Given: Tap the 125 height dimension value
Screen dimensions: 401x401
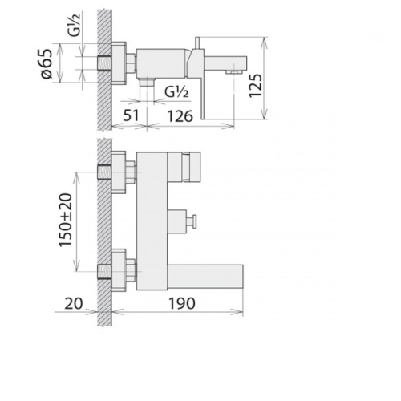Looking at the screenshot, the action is click(256, 86).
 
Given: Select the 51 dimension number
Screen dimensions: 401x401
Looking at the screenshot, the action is click(131, 115).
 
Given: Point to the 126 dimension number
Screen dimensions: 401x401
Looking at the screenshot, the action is click(180, 116).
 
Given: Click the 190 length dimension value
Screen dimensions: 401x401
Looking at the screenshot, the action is click(182, 303).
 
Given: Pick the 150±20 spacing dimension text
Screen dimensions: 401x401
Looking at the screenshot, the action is click(66, 220).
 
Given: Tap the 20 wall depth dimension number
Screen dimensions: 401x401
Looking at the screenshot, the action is click(74, 303).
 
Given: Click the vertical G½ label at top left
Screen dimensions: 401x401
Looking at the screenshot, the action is click(74, 25).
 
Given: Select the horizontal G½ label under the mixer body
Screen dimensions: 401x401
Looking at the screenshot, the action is click(176, 92).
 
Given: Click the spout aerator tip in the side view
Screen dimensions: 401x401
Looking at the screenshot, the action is click(234, 71).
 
